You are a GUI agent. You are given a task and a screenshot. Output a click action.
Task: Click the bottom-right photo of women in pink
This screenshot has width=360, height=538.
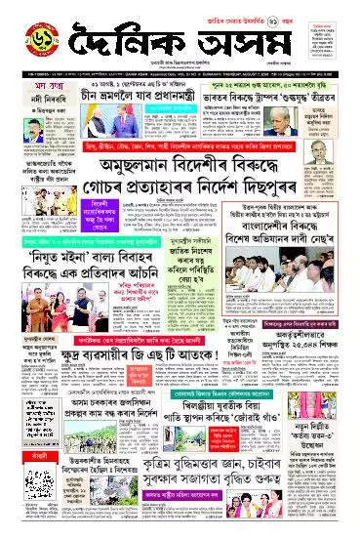pos(321,498)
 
